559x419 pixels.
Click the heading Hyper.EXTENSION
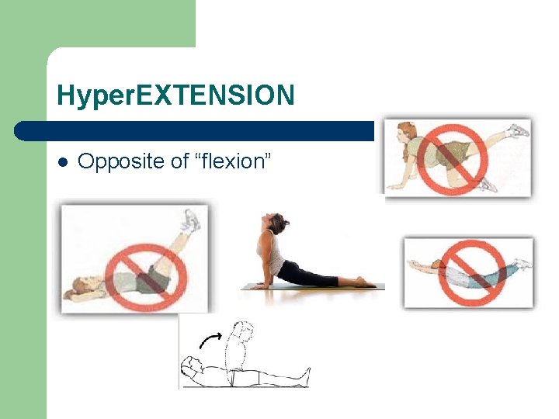pyautogui.click(x=175, y=95)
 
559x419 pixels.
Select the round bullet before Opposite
pyautogui.click(x=64, y=162)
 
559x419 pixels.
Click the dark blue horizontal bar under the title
pyautogui.click(x=194, y=130)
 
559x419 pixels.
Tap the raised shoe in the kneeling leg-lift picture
pyautogui.click(x=518, y=131)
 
